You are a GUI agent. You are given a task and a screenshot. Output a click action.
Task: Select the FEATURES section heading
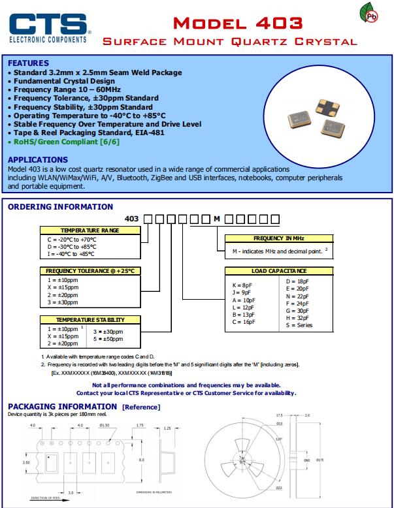(28, 63)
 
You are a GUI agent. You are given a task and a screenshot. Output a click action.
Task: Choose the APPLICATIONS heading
(37, 159)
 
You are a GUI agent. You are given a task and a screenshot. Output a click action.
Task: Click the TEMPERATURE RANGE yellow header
(90, 230)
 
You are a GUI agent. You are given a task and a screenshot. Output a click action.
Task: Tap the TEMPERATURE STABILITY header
(90, 320)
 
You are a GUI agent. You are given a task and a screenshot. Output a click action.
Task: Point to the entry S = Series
(301, 325)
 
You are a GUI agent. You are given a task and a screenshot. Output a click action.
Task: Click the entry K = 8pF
(242, 285)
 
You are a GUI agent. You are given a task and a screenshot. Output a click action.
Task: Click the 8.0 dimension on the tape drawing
(140, 459)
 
